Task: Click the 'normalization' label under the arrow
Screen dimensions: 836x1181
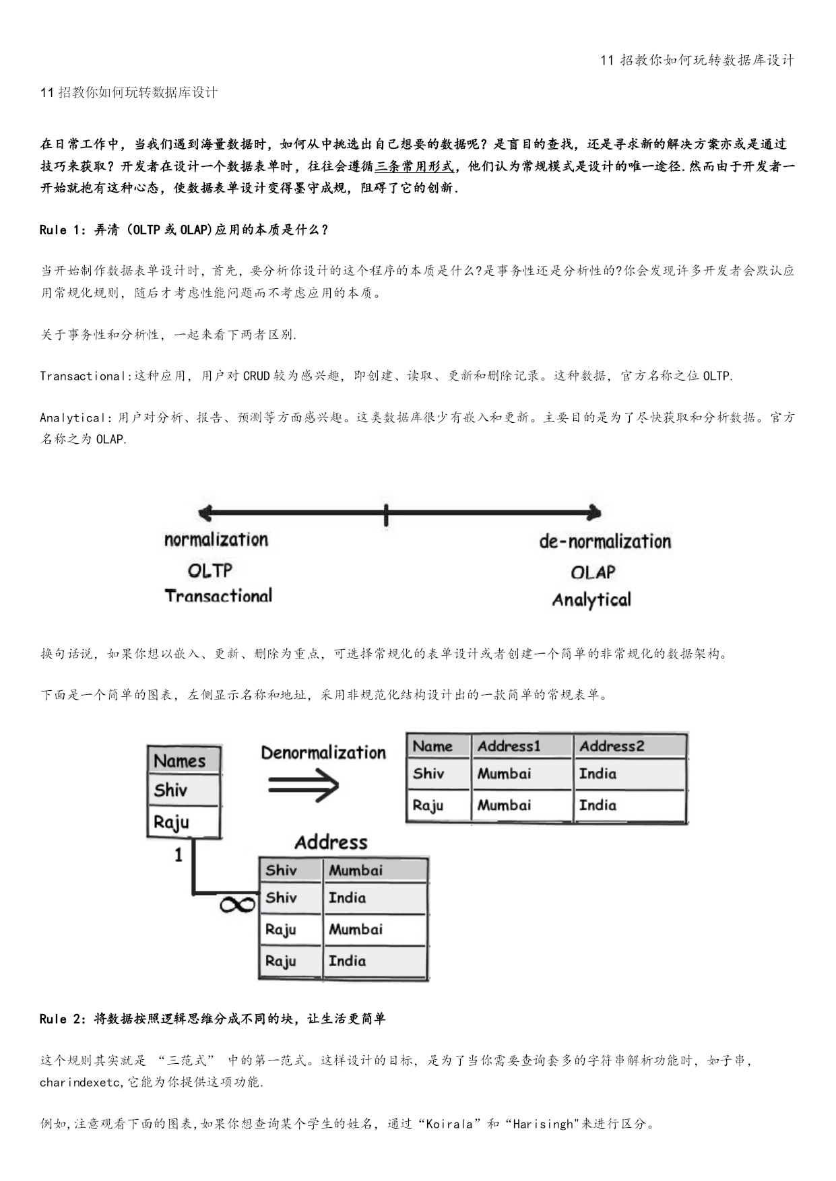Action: (216, 539)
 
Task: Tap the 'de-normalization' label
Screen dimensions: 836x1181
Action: (605, 541)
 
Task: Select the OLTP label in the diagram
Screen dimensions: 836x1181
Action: (210, 571)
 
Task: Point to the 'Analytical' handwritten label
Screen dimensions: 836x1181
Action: (591, 600)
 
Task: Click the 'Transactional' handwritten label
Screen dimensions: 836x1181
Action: (218, 596)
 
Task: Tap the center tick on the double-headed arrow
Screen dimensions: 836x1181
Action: (386, 514)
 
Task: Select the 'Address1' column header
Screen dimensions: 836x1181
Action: (509, 746)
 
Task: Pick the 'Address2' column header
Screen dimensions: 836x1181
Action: (612, 746)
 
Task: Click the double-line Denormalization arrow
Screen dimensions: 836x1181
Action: (303, 784)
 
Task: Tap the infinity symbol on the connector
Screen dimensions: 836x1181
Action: (238, 904)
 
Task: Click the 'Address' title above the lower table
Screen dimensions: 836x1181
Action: (331, 842)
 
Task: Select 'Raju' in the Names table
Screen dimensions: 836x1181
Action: (171, 822)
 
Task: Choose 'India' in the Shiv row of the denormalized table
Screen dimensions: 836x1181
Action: (598, 774)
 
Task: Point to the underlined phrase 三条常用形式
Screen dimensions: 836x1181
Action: (415, 166)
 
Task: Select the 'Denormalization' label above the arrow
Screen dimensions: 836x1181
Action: (323, 752)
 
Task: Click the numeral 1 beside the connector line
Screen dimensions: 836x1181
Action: (179, 855)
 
